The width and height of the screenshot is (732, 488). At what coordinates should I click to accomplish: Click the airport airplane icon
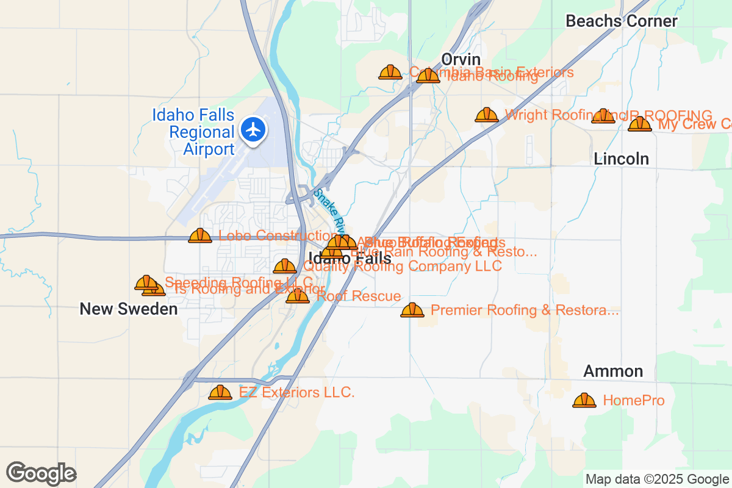pyautogui.click(x=253, y=129)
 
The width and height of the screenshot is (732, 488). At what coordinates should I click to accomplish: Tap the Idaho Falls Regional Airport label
pyautogui.click(x=193, y=132)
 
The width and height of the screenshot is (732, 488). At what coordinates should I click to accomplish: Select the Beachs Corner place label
pyautogui.click(x=621, y=21)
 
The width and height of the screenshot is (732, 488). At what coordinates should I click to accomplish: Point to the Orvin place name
pyautogui.click(x=461, y=60)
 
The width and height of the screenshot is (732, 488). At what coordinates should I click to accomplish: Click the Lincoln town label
pyautogui.click(x=621, y=159)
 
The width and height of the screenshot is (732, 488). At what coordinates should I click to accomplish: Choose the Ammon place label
pyautogui.click(x=612, y=371)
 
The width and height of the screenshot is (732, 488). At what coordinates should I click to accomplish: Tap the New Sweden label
pyautogui.click(x=129, y=309)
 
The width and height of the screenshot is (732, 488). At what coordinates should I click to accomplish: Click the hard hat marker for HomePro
pyautogui.click(x=584, y=400)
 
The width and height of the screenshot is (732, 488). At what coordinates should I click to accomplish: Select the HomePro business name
pyautogui.click(x=633, y=401)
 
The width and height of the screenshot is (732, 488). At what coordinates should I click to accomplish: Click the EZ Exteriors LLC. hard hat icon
pyautogui.click(x=220, y=392)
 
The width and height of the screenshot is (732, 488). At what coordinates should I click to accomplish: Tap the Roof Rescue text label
pyautogui.click(x=359, y=296)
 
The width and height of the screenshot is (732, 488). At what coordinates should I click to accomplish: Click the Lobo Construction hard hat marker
pyautogui.click(x=200, y=235)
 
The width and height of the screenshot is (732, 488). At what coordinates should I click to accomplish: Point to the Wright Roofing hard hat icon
pyautogui.click(x=486, y=115)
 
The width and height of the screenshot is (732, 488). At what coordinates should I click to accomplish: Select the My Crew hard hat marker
pyautogui.click(x=640, y=124)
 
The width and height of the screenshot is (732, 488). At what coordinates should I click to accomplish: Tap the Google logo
pyautogui.click(x=41, y=473)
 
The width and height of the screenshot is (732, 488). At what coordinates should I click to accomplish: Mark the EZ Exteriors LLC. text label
pyautogui.click(x=296, y=392)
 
